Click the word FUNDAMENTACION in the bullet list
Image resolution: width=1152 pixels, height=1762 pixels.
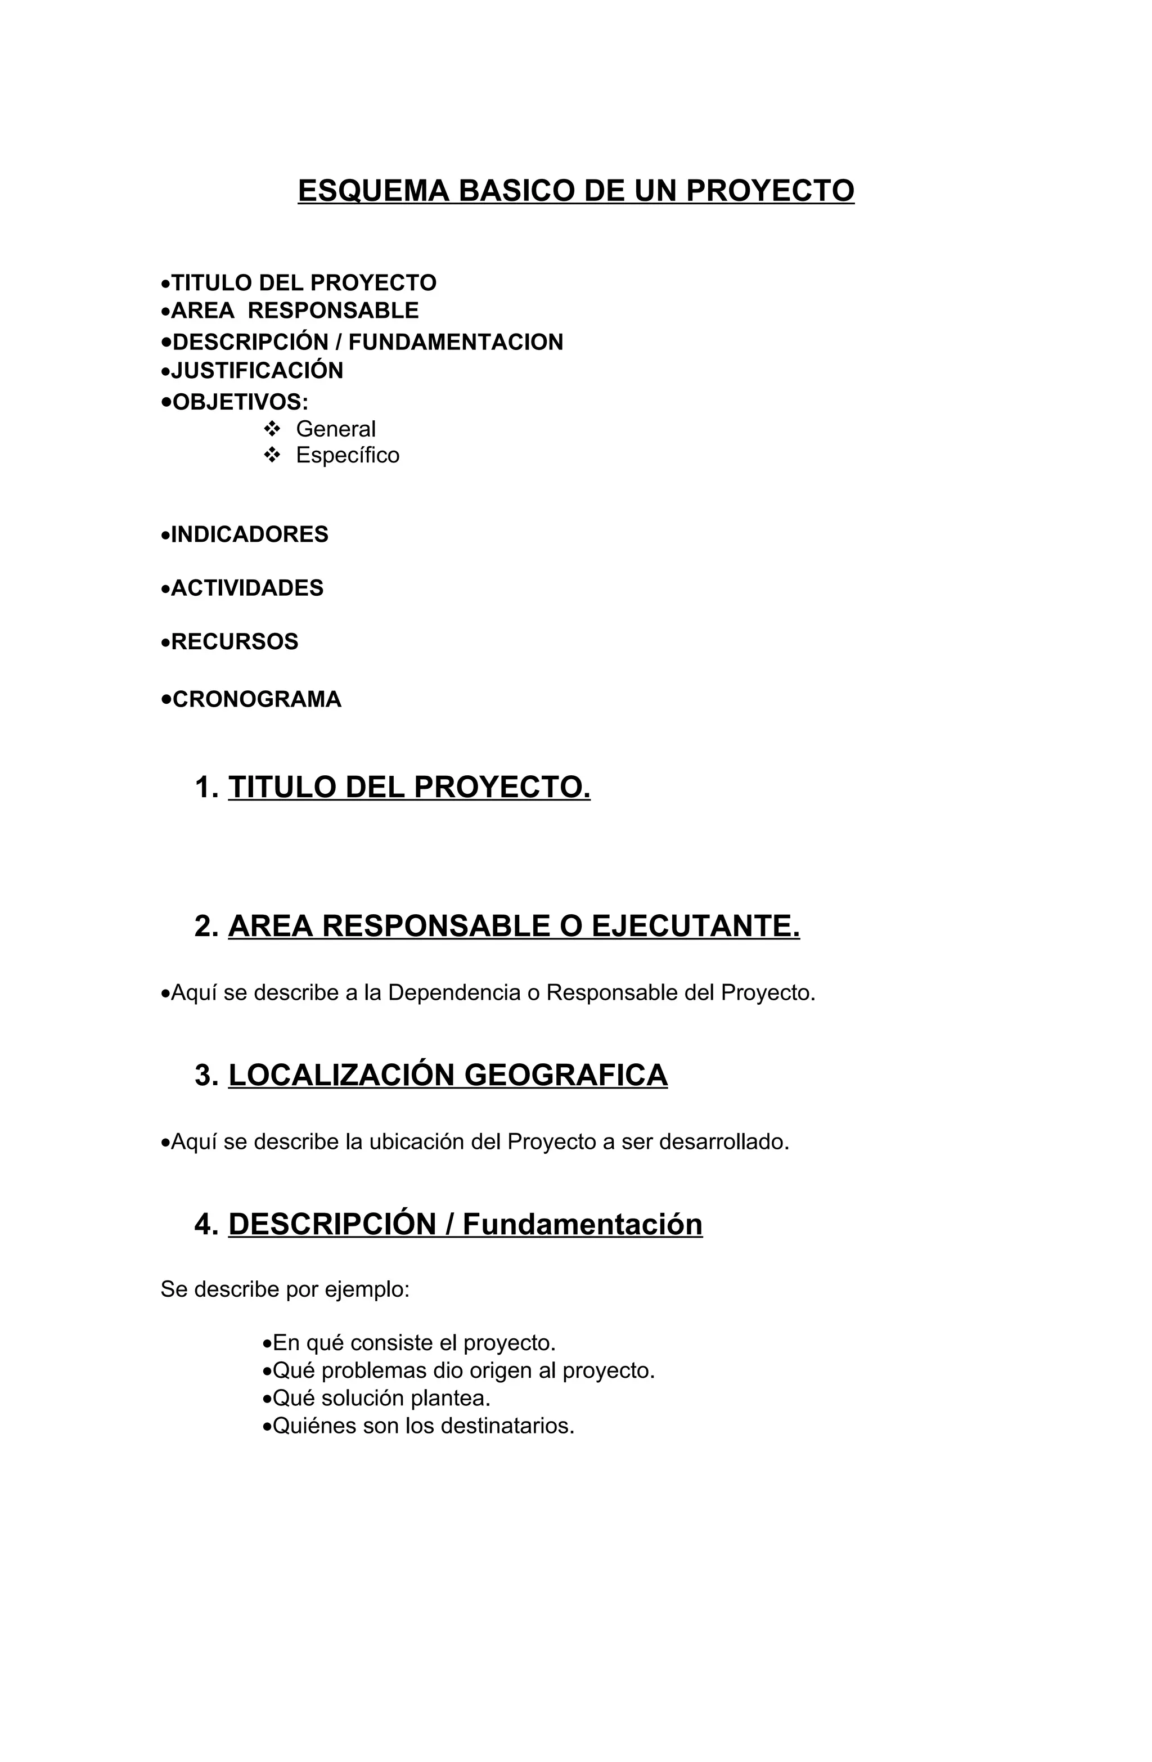[x=455, y=342]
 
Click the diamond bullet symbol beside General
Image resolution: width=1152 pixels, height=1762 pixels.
[x=272, y=429]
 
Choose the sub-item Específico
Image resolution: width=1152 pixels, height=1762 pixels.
[x=347, y=455]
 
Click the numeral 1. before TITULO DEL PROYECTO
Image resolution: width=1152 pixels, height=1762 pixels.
[x=206, y=787]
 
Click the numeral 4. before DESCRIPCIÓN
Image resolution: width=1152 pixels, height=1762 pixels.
[x=206, y=1225]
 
